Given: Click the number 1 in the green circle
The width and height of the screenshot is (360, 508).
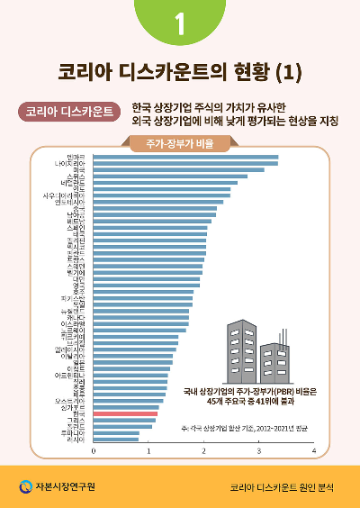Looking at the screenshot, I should pos(180,24).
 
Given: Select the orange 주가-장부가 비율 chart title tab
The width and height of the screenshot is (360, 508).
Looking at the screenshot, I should pos(180,144).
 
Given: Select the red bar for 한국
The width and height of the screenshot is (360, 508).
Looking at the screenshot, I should pos(125,413).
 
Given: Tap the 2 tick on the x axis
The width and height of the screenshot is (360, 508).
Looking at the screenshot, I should pos(203,451).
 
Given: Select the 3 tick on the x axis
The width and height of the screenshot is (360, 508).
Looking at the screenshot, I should pos(258,451).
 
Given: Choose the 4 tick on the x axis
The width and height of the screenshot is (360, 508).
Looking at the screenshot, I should pos(313,451).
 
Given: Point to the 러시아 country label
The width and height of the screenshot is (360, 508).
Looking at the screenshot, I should pos(76,440).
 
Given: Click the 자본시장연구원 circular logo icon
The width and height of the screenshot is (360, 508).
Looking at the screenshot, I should pos(25,486).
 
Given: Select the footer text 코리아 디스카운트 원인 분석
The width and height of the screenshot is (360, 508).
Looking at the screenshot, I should pos(281,487).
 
